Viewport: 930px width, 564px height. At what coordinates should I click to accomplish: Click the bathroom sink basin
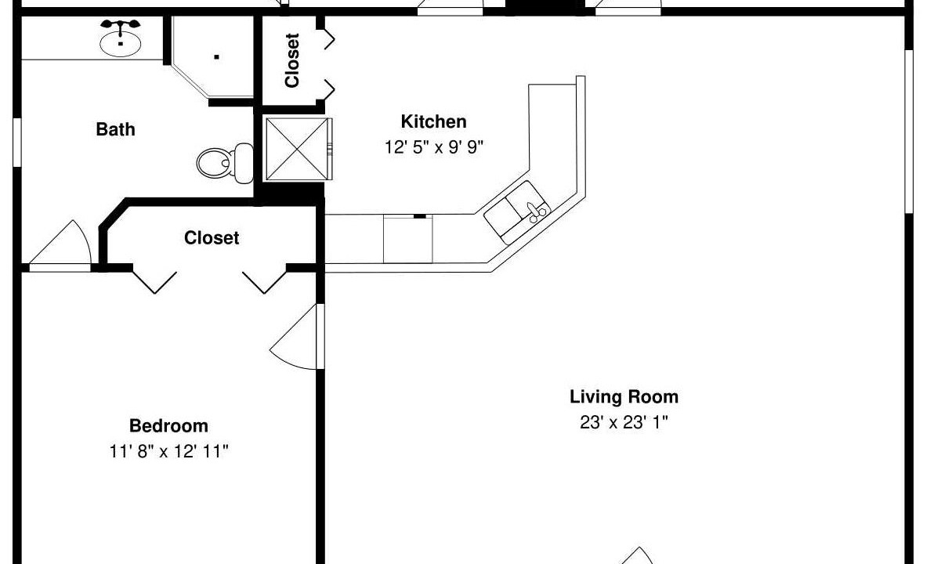(x=120, y=43)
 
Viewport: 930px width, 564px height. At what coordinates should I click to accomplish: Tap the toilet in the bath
(x=225, y=162)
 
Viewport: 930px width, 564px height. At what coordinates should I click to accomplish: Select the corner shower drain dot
(x=217, y=57)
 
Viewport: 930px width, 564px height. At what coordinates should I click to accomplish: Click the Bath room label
(x=116, y=129)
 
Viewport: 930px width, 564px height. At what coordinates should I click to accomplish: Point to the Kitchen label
(x=433, y=121)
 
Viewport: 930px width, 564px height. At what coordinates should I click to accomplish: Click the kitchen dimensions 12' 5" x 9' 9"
(x=434, y=147)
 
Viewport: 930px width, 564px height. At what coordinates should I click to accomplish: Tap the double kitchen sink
(x=516, y=211)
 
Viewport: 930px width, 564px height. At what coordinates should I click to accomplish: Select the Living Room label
(x=624, y=396)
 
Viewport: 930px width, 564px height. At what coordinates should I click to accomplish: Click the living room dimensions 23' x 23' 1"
(x=624, y=422)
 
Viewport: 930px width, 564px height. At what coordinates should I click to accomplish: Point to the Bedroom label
(x=168, y=426)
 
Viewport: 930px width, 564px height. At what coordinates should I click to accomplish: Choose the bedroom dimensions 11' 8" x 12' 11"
(x=169, y=452)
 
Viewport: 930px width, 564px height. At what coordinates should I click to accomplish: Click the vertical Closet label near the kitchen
(x=291, y=60)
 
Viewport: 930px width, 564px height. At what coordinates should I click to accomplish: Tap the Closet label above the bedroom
(x=212, y=238)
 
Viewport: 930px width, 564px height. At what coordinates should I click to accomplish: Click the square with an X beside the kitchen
(x=297, y=149)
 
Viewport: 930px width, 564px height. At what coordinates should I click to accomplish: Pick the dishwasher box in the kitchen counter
(x=408, y=238)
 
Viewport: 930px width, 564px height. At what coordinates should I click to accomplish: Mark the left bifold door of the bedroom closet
(x=154, y=280)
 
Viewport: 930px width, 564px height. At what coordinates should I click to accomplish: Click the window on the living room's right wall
(x=908, y=132)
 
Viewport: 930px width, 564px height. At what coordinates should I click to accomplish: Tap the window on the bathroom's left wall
(x=17, y=143)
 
